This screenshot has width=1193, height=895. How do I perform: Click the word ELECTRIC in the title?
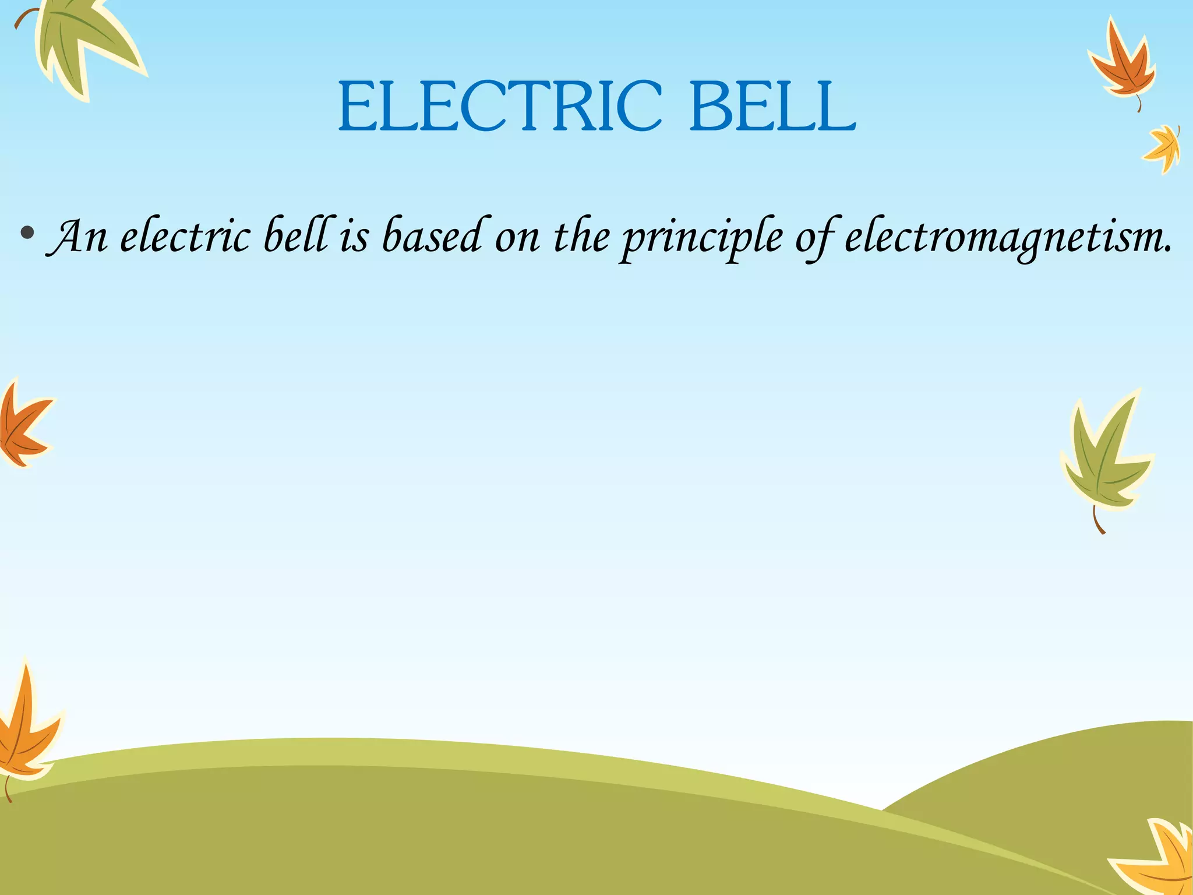pyautogui.click(x=500, y=107)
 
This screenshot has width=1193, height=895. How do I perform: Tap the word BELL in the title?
pyautogui.click(x=772, y=107)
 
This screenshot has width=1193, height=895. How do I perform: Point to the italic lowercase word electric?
pyautogui.click(x=185, y=236)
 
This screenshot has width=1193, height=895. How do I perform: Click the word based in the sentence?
pyautogui.click(x=431, y=236)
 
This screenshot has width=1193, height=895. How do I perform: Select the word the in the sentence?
pyautogui.click(x=581, y=236)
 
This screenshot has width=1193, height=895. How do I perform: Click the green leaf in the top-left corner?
pyautogui.click(x=82, y=44)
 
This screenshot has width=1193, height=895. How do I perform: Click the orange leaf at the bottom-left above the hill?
pyautogui.click(x=26, y=728)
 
